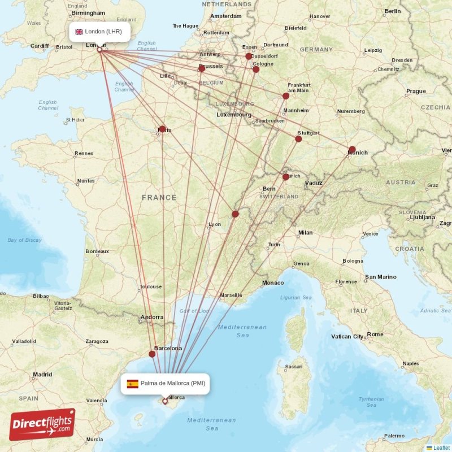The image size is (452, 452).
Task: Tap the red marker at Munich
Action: (x=352, y=150)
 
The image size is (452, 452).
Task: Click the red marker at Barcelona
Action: (x=152, y=354)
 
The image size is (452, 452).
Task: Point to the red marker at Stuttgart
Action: (x=298, y=139)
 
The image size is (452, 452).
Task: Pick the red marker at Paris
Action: (x=162, y=129)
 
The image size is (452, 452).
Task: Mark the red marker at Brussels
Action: (x=202, y=68)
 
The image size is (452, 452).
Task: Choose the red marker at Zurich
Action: (x=286, y=177)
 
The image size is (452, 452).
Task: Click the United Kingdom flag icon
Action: (x=79, y=32)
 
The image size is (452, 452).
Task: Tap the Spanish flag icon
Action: (x=132, y=384)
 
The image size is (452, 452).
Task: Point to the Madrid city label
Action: (x=42, y=374)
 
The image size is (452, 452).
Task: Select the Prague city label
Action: (x=416, y=91)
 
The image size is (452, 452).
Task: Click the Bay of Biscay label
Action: (x=25, y=240)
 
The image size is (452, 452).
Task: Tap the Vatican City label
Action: (x=347, y=337)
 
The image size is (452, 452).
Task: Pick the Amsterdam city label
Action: (x=226, y=16)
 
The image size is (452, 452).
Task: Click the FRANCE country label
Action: (x=159, y=198)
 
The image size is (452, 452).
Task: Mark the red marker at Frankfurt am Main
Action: (x=286, y=96)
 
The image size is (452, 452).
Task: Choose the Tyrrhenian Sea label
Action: (x=371, y=402)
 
